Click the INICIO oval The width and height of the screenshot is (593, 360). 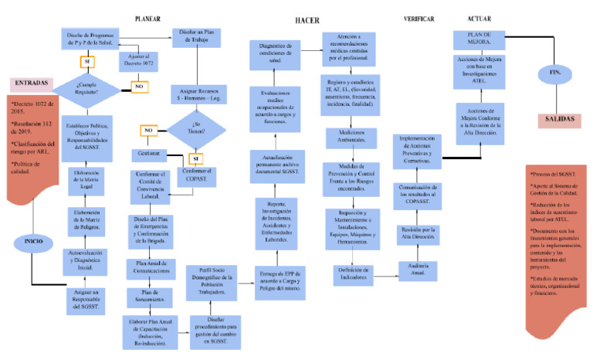[32, 241]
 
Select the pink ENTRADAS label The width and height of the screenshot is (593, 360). [31, 83]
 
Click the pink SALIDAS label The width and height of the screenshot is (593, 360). [559, 120]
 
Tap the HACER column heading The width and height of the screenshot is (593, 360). [308, 19]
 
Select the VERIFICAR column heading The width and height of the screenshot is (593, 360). [419, 19]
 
